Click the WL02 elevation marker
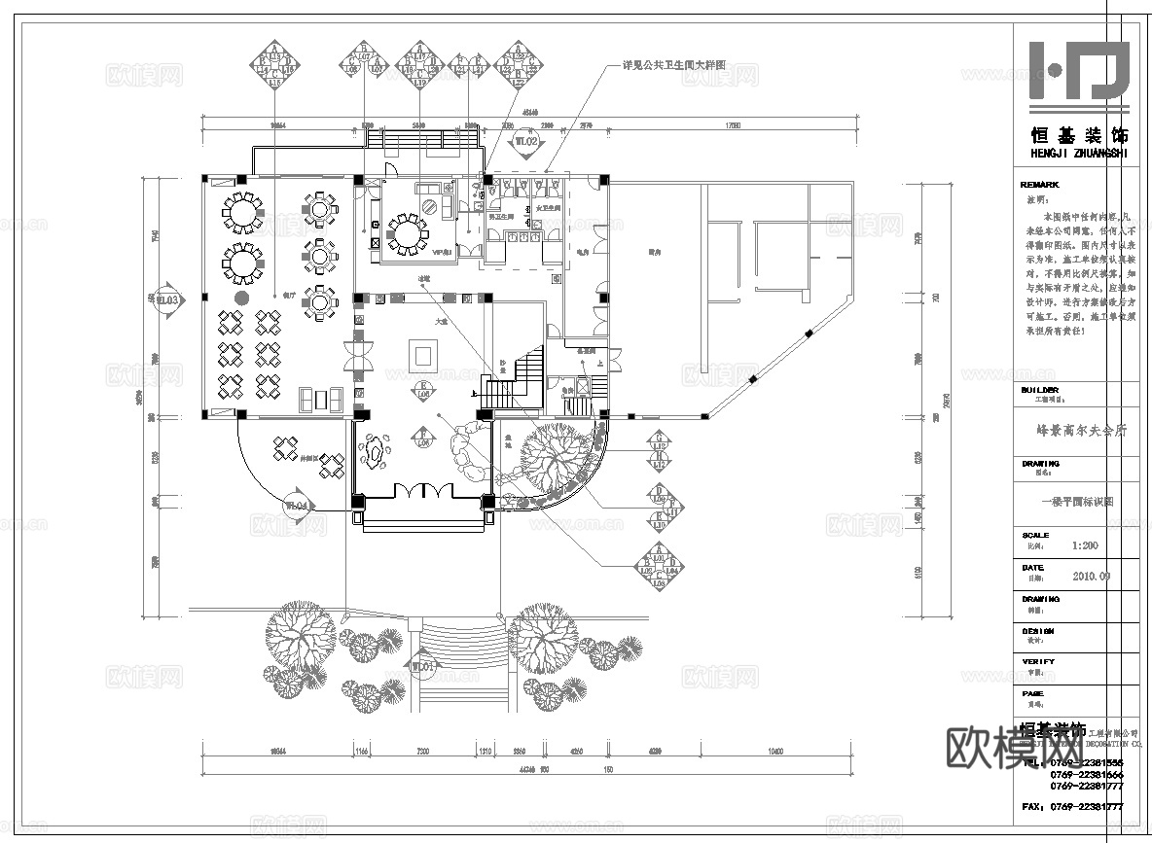pyautogui.click(x=526, y=144)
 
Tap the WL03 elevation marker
pyautogui.click(x=168, y=301)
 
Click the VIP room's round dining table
pyautogui.click(x=408, y=232)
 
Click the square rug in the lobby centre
pyautogui.click(x=424, y=353)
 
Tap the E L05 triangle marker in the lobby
pyautogui.click(x=423, y=392)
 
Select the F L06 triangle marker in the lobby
pyautogui.click(x=423, y=440)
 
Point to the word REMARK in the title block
pyautogui.click(x=1039, y=185)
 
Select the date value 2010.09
pyautogui.click(x=1091, y=576)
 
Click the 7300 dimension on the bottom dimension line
pyautogui.click(x=422, y=752)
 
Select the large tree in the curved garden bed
pyautogui.click(x=554, y=458)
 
